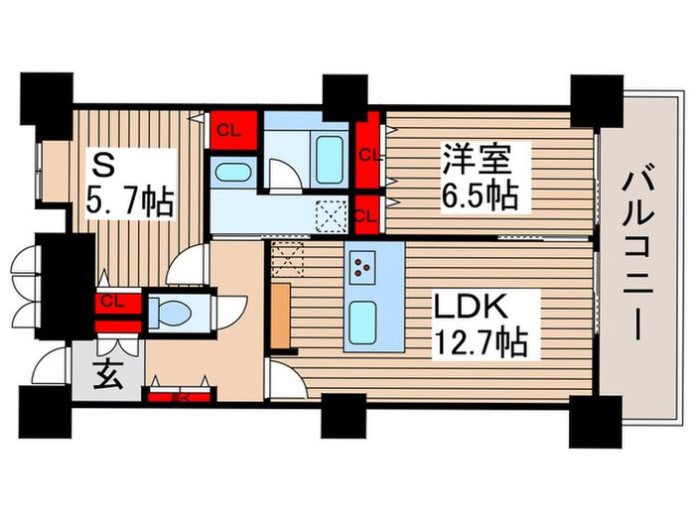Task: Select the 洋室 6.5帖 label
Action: (479, 177)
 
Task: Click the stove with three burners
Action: (363, 265)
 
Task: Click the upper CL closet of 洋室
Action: (369, 154)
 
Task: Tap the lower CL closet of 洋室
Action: (366, 211)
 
